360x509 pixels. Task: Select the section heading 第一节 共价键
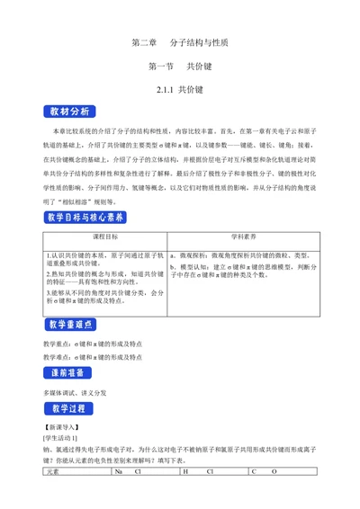(179, 66)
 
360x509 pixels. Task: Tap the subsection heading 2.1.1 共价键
(180, 90)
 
